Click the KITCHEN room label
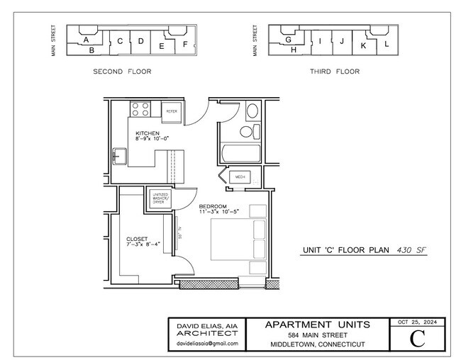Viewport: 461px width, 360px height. click(148, 133)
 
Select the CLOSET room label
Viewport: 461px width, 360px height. click(138, 239)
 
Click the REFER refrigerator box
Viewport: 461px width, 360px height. click(172, 111)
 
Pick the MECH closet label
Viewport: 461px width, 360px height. click(240, 176)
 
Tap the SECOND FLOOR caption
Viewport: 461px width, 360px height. click(122, 72)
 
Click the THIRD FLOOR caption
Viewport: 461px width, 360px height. click(334, 72)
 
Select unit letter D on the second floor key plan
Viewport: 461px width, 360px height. click(140, 41)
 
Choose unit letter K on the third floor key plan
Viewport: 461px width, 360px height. click(364, 45)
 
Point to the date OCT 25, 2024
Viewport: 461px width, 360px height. click(417, 322)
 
